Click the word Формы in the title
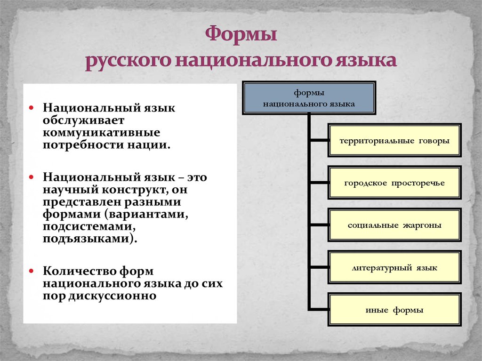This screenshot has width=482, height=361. coord(241,34)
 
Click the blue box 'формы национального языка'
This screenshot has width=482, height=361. coord(309,98)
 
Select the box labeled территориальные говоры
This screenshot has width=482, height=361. coord(394,141)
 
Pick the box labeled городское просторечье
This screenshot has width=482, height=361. coord(394,183)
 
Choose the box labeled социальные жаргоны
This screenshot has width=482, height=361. coord(394,225)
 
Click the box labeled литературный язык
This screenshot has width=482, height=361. coord(394,267)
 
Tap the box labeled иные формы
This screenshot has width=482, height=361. coord(394,309)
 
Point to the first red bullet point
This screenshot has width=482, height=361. coord(32,108)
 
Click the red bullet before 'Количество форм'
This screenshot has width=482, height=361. coord(32,271)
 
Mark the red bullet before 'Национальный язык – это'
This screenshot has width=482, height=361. coord(32,177)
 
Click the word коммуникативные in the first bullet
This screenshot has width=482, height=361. coord(102,133)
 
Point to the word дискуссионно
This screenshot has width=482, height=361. coord(112,296)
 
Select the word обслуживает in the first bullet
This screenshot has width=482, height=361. coord(83,120)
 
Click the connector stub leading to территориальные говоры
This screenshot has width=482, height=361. coord(319,141)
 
